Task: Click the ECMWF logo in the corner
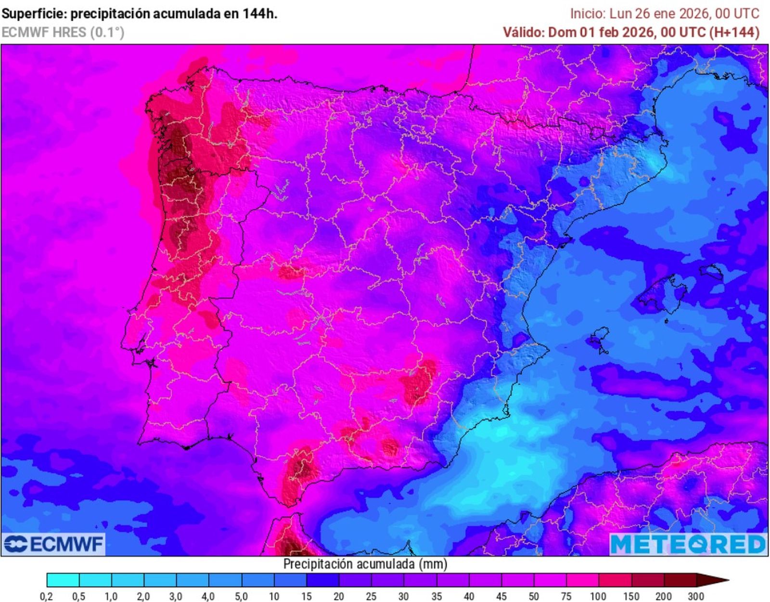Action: coord(53,544)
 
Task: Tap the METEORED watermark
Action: coord(688,544)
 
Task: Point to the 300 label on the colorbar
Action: coord(696,596)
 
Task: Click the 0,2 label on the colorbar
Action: coord(46,596)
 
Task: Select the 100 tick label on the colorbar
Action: coord(598,596)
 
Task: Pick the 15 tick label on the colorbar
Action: coord(307,596)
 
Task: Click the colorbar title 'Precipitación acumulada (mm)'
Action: coord(365,564)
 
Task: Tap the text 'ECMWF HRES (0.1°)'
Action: coord(63,32)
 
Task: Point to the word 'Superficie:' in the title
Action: coord(34,13)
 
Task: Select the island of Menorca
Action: coord(711,273)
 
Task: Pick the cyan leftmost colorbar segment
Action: coord(63,580)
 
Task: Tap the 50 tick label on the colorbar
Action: coord(533,596)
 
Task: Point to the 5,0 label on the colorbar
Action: coord(241,596)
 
